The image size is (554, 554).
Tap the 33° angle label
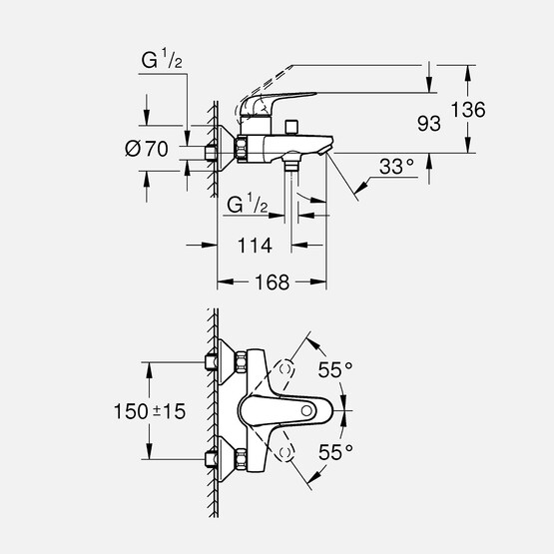point(396,170)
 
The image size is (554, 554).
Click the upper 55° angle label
point(334,370)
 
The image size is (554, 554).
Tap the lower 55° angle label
point(336,452)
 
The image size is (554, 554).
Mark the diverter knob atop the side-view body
point(290,126)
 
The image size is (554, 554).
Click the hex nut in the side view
point(243,151)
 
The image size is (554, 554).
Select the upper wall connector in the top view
point(211,360)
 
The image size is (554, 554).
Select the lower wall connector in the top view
point(211,459)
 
